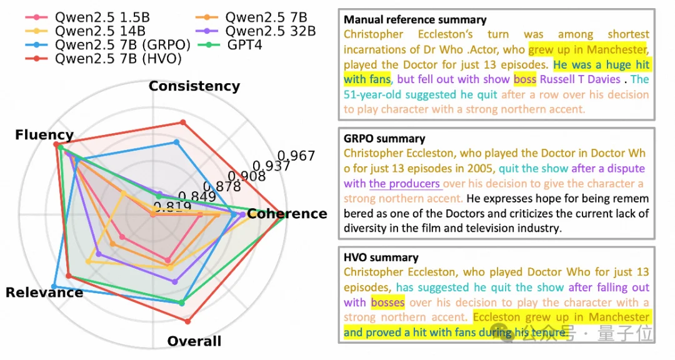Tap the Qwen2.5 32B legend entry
(271, 31)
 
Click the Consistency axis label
(194, 86)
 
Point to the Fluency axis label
(44, 135)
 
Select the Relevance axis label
(44, 292)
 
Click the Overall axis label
(194, 341)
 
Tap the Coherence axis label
(287, 214)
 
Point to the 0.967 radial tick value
(296, 156)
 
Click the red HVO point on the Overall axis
(187, 321)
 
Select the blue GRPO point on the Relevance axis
(54, 286)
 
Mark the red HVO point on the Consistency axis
(182, 122)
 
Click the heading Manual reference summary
(415, 20)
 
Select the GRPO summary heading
(384, 138)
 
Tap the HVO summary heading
(381, 257)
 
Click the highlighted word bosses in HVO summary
(387, 302)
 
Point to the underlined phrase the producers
(405, 184)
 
